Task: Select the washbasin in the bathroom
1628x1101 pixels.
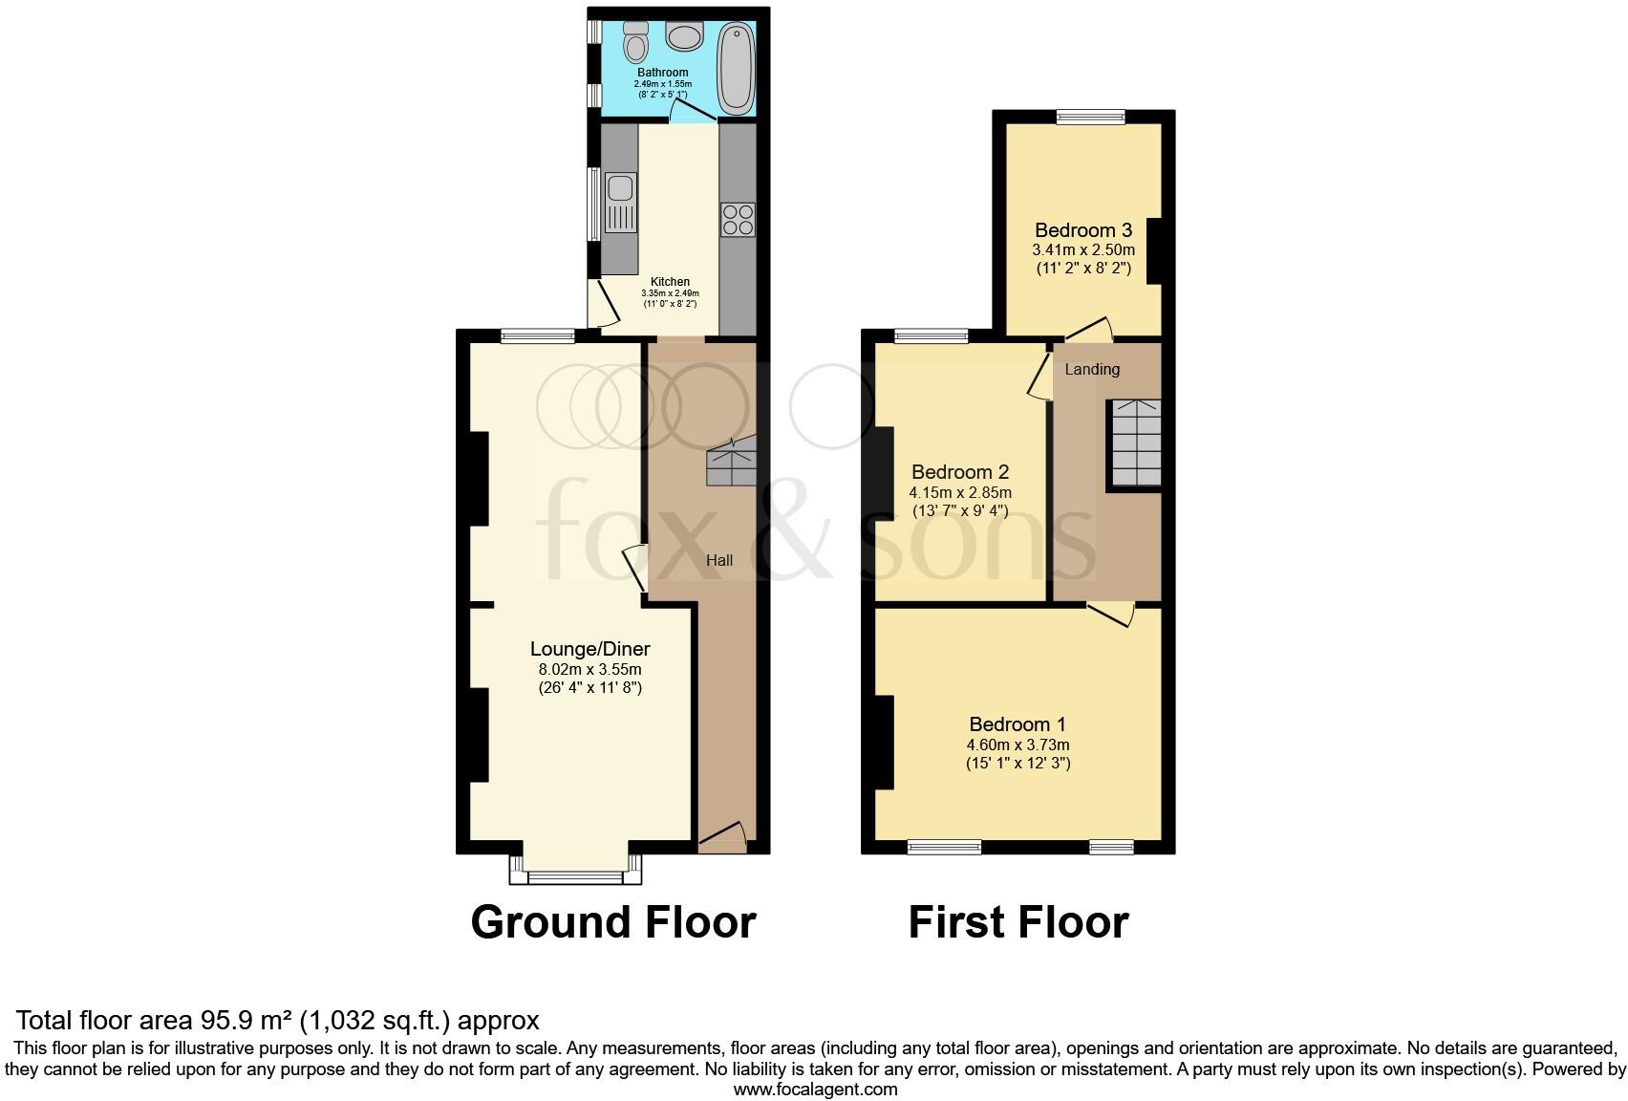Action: click(684, 37)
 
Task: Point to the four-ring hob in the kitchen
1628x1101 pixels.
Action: click(738, 220)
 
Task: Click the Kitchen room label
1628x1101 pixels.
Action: click(670, 282)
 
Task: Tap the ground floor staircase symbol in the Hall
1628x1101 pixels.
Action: click(731, 463)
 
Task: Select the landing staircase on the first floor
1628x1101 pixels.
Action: click(1134, 443)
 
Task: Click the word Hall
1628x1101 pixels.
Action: click(719, 560)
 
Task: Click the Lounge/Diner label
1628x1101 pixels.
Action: click(589, 649)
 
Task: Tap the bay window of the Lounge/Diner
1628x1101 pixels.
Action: click(575, 874)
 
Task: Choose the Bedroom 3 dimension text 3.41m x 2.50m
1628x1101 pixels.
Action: click(1083, 250)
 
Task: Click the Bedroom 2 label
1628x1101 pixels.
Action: click(959, 472)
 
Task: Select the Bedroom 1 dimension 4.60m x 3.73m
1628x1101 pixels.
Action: click(1017, 745)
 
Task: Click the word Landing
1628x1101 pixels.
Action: click(1092, 369)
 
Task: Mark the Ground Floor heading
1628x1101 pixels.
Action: click(613, 922)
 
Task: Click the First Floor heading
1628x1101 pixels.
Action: click(1017, 922)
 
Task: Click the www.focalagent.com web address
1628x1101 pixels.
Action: click(815, 1089)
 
